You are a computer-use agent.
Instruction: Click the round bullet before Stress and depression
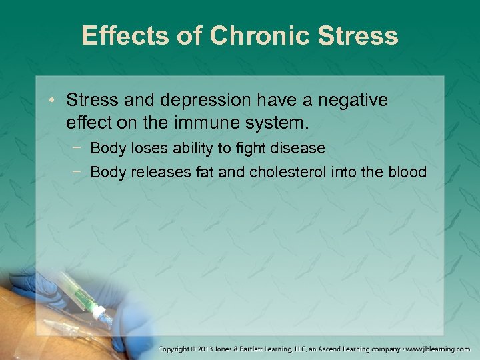55,102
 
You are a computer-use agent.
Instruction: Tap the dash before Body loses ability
79,147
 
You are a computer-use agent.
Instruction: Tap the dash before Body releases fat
79,171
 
